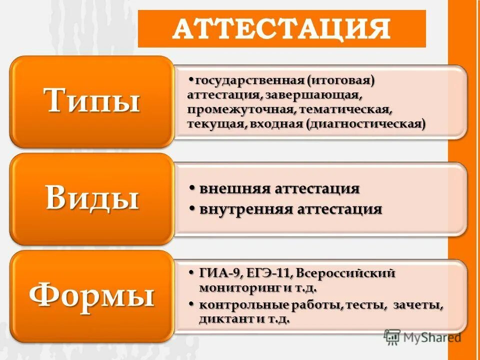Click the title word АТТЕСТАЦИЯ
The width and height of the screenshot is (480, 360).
tap(281, 29)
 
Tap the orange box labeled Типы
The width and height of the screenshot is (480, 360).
tap(92, 101)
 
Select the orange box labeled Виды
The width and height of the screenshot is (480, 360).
tap(92, 198)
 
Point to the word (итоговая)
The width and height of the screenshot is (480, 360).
tap(341, 80)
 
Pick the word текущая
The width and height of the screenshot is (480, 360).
tap(215, 123)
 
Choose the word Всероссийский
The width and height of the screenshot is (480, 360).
tap(346, 273)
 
